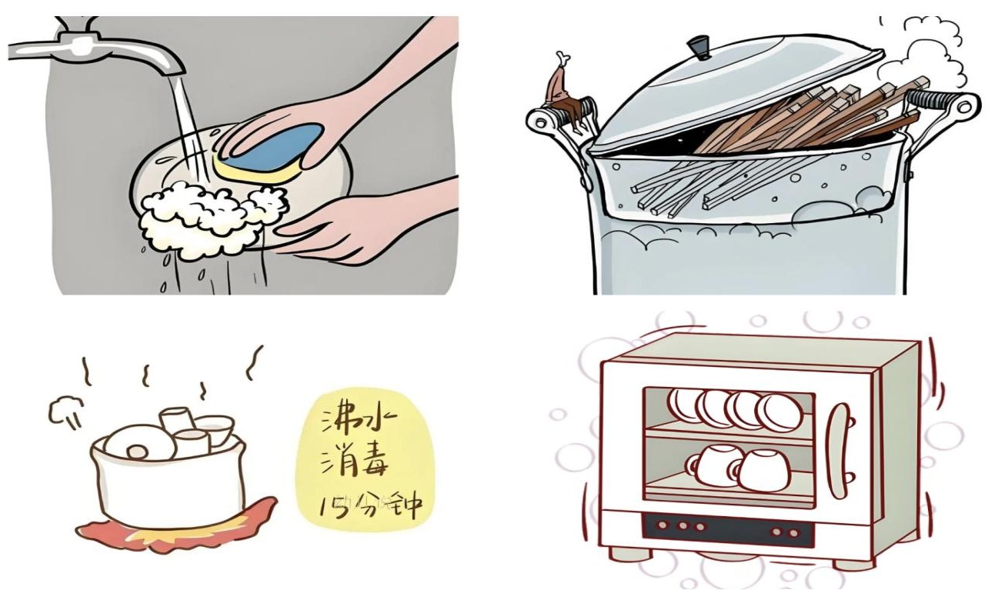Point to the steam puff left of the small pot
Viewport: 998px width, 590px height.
(x=65, y=411)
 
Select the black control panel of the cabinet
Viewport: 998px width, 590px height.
(x=726, y=530)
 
